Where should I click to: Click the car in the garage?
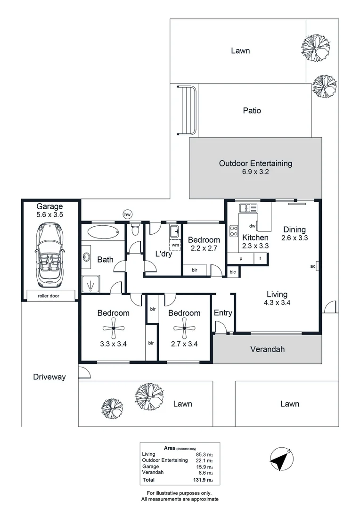tap(49, 255)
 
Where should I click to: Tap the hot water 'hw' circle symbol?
tap(128, 214)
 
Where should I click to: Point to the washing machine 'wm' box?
tap(175, 245)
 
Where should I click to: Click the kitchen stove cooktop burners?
tap(233, 231)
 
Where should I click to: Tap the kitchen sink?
tap(248, 208)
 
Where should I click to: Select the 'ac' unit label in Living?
tap(312, 266)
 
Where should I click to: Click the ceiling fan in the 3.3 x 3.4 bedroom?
tap(114, 328)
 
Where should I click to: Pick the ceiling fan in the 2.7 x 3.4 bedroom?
tap(184, 328)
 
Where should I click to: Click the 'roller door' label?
tap(49, 296)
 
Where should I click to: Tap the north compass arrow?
tap(281, 459)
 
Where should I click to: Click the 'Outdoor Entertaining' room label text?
tap(255, 163)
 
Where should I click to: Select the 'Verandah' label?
tap(268, 349)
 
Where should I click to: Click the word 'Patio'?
tap(252, 110)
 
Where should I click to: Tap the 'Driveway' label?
tap(49, 377)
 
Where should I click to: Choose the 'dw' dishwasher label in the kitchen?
tap(252, 226)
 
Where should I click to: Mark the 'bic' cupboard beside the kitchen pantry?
tap(232, 272)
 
